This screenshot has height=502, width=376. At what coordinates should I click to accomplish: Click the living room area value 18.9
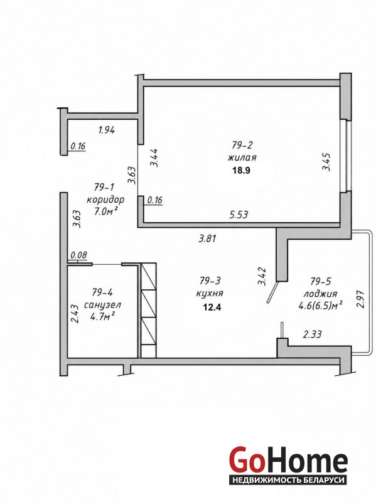pos(241,170)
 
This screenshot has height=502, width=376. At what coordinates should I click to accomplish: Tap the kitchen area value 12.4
pos(212,307)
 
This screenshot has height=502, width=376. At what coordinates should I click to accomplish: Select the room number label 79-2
pos(242,146)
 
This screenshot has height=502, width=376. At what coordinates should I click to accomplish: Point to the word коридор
pos(105,200)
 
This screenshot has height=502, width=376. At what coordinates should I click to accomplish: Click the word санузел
pos(102,305)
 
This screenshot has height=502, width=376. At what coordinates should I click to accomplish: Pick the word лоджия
pos(320,294)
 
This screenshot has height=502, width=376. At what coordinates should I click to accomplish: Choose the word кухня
pos(210,293)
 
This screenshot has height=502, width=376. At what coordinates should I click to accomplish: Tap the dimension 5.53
pos(239,215)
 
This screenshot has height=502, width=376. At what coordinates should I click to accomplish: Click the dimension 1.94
pos(107,130)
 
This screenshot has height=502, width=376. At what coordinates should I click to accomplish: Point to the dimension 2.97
pos(361,299)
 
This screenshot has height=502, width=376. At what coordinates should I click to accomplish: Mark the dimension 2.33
pos(312,334)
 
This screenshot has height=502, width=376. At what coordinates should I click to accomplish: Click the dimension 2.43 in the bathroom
pos(75,313)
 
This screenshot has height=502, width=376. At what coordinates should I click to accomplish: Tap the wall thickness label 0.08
pos(78,255)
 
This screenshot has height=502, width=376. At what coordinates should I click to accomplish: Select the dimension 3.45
pos(326,162)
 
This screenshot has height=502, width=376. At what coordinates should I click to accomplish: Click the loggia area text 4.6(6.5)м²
pos(321,306)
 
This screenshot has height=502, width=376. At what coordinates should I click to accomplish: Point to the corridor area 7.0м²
pos(105,211)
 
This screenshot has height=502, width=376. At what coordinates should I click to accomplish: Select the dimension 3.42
pos(262,276)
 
